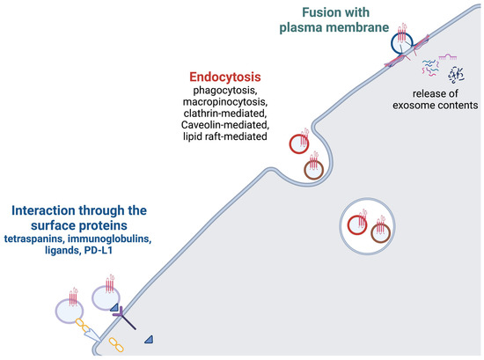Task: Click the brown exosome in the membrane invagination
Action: point(313,169)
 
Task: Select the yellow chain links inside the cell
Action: point(116,346)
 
